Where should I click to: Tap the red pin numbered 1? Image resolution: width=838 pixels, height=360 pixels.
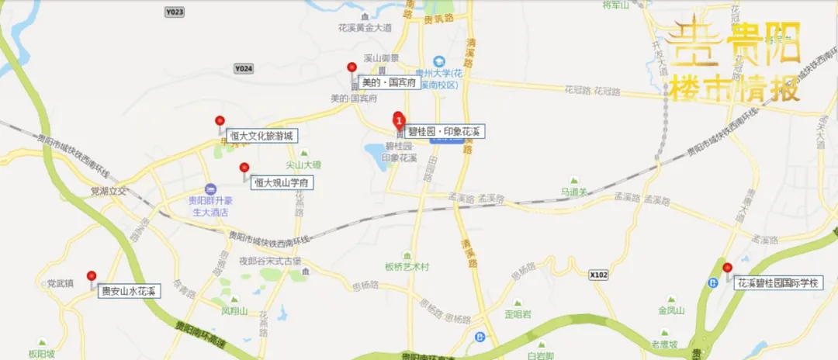[x=399, y=121]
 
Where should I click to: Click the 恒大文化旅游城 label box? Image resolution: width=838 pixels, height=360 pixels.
[x=258, y=137]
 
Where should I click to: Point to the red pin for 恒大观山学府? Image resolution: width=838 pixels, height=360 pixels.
[x=244, y=168]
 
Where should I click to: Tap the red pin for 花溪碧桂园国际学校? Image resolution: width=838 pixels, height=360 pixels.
[x=727, y=269]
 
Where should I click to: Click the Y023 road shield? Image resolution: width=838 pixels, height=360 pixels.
[x=175, y=12]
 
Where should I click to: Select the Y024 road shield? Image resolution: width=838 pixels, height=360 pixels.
[x=244, y=68]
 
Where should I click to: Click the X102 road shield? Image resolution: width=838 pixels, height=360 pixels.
[x=597, y=275]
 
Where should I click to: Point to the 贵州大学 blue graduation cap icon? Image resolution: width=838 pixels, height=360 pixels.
[x=439, y=61]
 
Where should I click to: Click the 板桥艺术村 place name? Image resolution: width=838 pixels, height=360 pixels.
[x=407, y=267]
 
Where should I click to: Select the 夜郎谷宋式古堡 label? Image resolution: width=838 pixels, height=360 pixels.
[x=269, y=261]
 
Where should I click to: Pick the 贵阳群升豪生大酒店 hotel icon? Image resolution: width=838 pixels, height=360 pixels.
[x=209, y=189]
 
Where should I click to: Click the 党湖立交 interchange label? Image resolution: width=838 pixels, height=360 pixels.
[x=108, y=190]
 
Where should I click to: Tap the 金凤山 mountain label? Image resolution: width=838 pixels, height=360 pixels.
[x=671, y=311]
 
